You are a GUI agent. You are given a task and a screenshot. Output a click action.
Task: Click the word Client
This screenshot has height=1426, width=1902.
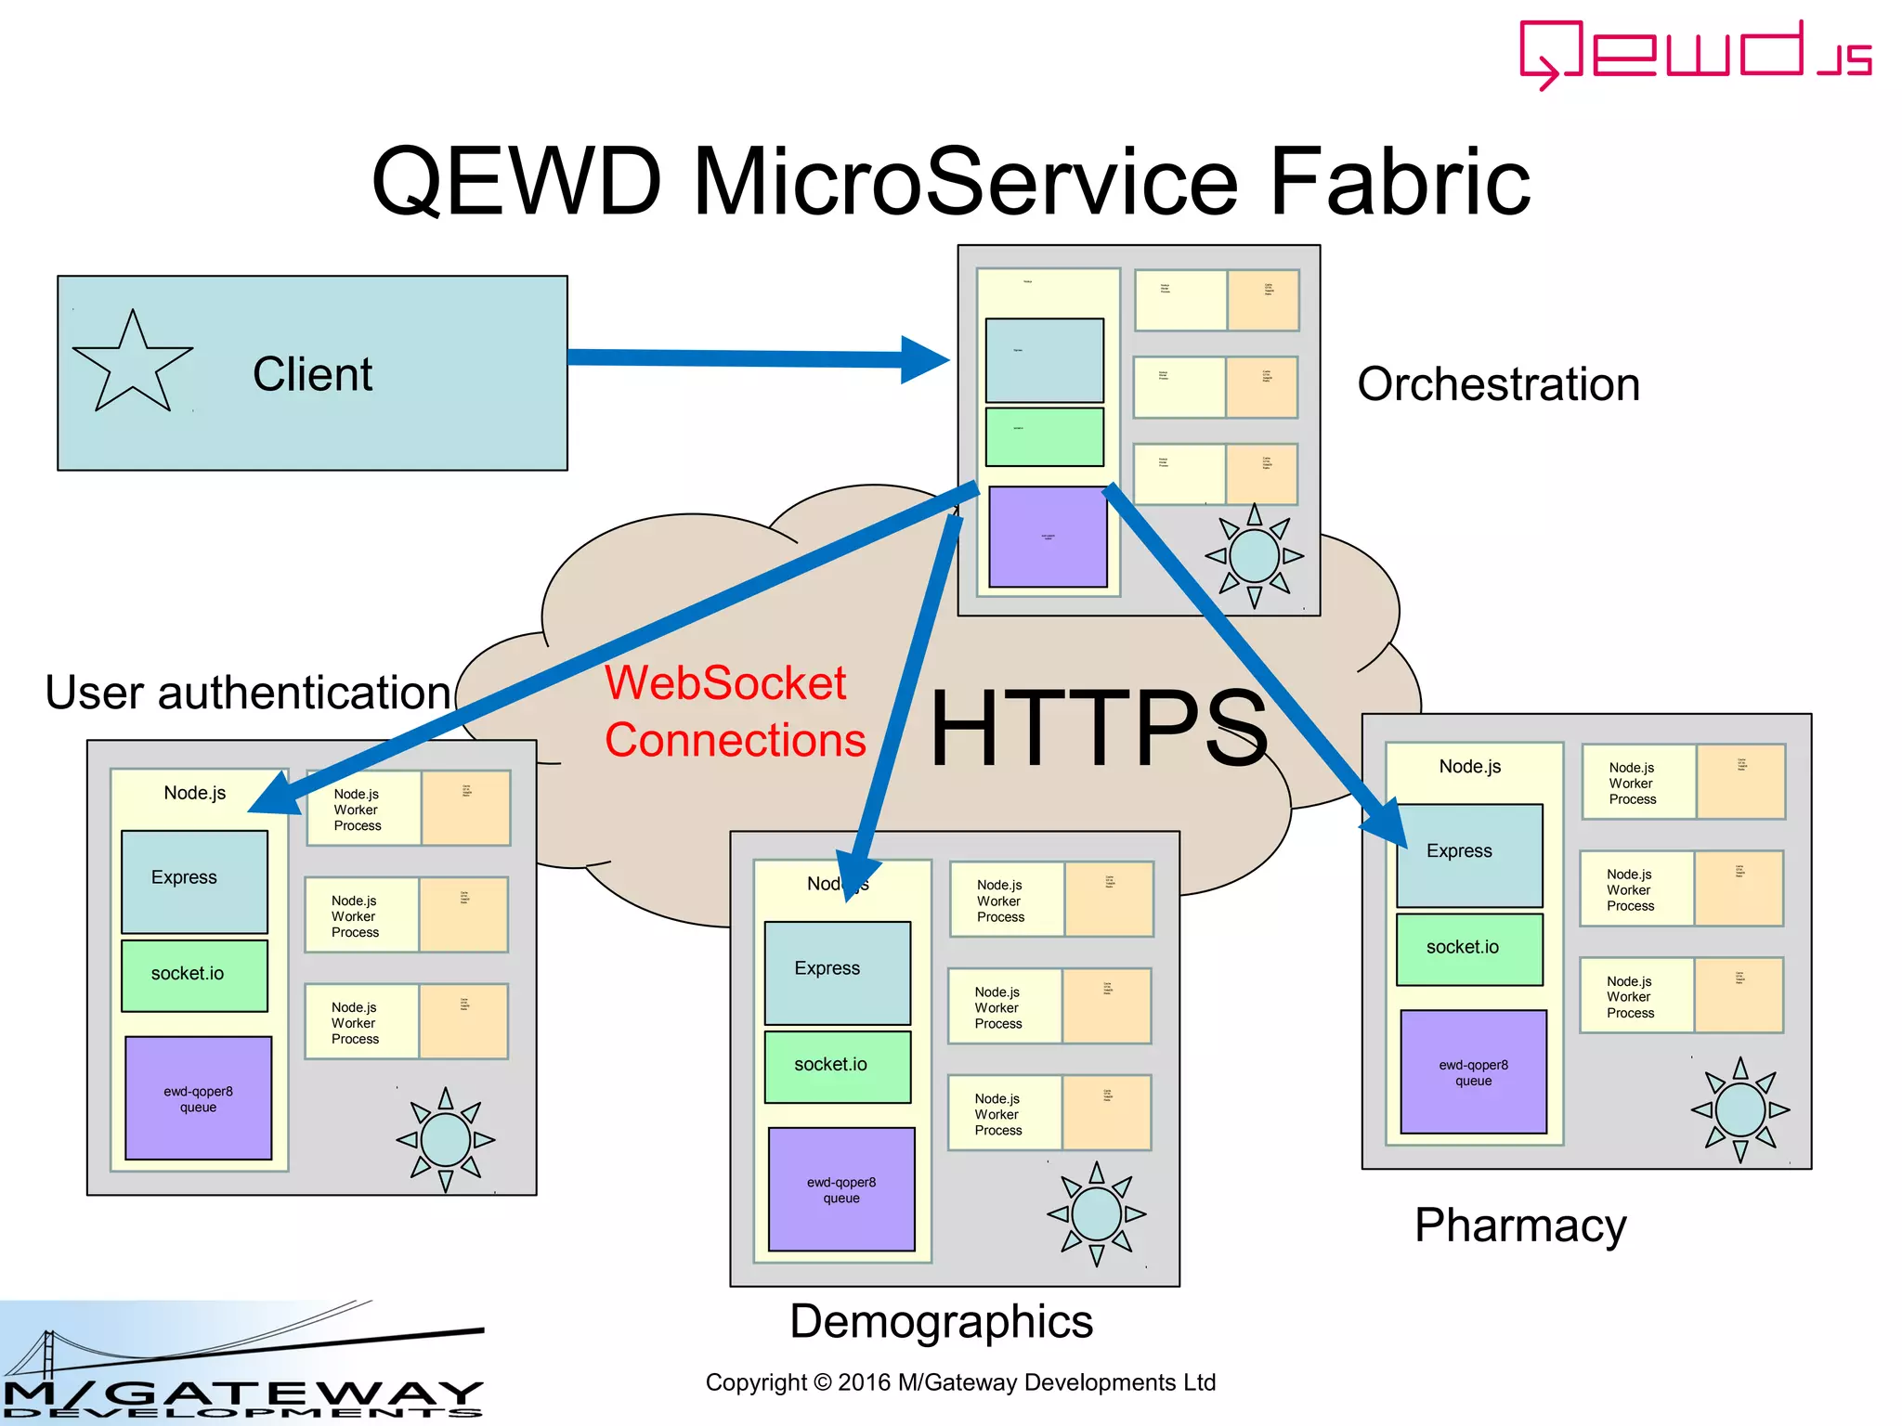tap(312, 374)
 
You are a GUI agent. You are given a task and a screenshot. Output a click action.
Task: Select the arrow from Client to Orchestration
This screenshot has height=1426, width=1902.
tap(743, 358)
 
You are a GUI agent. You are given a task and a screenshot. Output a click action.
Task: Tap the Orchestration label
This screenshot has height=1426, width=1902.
tap(1498, 384)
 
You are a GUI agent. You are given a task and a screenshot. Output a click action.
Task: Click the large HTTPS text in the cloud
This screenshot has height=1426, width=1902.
tap(1099, 729)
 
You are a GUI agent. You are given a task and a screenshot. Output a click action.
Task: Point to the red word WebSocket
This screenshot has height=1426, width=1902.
tap(725, 682)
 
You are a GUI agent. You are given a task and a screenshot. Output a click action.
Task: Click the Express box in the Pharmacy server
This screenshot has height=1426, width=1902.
tap(1469, 855)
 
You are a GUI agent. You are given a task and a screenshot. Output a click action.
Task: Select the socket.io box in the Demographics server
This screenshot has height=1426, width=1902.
tap(837, 1066)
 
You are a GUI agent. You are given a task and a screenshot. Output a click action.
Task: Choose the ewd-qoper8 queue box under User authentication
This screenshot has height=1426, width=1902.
tap(198, 1098)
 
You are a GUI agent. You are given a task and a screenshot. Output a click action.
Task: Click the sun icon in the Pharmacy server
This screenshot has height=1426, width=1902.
tap(1739, 1109)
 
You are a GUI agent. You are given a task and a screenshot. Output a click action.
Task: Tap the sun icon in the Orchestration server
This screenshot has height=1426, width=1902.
tap(1254, 556)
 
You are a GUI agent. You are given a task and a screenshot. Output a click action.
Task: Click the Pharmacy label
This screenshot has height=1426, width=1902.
tap(1520, 1225)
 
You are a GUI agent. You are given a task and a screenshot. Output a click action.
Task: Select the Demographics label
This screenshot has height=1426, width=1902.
tap(941, 1321)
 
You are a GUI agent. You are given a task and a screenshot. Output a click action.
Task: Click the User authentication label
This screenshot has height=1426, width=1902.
tap(248, 693)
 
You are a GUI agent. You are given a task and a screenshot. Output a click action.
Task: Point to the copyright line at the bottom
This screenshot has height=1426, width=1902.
tap(960, 1382)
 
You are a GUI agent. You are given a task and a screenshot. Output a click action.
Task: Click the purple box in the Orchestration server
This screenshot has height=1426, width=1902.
tap(1048, 537)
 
